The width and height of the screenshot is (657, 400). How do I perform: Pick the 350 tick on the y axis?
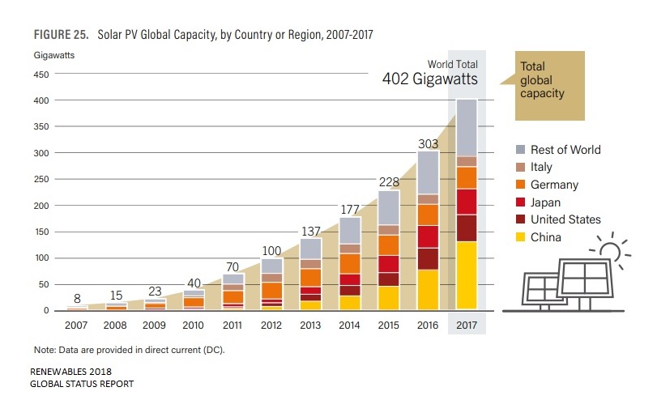pyautogui.click(x=41, y=127)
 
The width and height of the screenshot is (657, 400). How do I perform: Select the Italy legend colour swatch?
pyautogui.click(x=522, y=168)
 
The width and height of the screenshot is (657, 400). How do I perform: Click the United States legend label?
pyautogui.click(x=565, y=219)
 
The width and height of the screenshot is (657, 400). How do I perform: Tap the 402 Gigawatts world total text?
pyautogui.click(x=430, y=79)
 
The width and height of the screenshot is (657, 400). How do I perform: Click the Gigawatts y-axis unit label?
pyautogui.click(x=54, y=55)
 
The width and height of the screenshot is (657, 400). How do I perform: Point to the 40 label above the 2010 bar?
pyautogui.click(x=193, y=283)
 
